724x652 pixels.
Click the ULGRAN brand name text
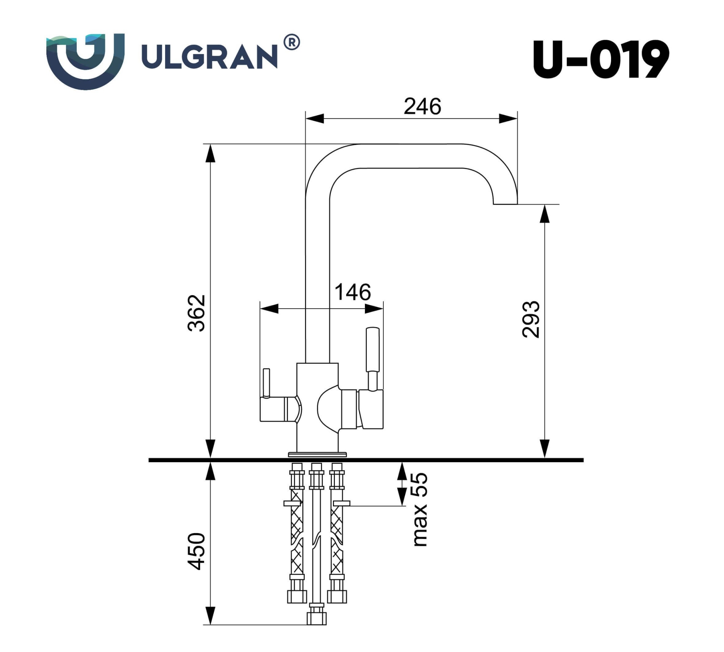[x=209, y=57]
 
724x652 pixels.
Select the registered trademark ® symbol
[x=292, y=43]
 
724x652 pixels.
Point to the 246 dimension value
[x=422, y=106]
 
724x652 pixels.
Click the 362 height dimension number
[x=197, y=313]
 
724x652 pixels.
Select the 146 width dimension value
[x=353, y=292]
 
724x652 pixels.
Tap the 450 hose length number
[x=197, y=551]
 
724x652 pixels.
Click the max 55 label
[x=420, y=509]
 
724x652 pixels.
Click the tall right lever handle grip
[x=373, y=349]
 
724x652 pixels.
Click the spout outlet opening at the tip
[x=505, y=204]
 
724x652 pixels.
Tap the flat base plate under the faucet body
[x=317, y=454]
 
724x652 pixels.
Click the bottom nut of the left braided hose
[x=297, y=597]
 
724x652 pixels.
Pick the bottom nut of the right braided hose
[x=337, y=597]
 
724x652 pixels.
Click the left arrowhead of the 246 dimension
[x=314, y=118]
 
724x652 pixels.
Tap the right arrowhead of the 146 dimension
[x=374, y=309]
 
